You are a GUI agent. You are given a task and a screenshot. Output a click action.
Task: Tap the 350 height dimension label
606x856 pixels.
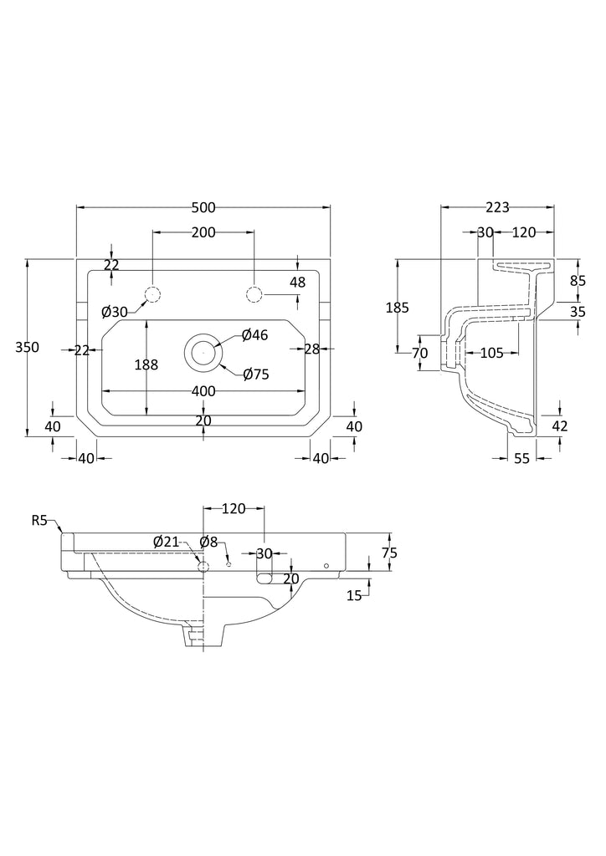[28, 348]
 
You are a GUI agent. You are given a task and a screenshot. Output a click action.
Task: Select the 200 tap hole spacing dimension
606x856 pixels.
[203, 232]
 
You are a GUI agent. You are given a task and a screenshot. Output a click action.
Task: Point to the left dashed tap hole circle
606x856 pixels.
[152, 294]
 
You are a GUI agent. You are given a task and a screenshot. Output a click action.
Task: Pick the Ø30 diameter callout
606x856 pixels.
[115, 312]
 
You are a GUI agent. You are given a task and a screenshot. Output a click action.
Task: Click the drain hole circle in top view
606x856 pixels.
[203, 352]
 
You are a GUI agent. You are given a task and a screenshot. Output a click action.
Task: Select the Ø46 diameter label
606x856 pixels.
[254, 335]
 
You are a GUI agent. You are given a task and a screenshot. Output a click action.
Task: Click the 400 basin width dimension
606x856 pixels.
[203, 390]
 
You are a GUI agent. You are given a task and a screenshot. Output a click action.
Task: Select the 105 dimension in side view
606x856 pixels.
[491, 353]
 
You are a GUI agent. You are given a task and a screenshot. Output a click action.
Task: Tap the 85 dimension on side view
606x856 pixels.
[578, 282]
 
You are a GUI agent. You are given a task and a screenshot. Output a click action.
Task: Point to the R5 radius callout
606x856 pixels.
[41, 521]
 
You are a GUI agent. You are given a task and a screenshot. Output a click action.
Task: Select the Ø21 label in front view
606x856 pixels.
[166, 542]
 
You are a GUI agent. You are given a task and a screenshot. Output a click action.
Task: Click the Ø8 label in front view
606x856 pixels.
[208, 542]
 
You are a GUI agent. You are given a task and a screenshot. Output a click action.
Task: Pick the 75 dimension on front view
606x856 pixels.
[388, 553]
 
